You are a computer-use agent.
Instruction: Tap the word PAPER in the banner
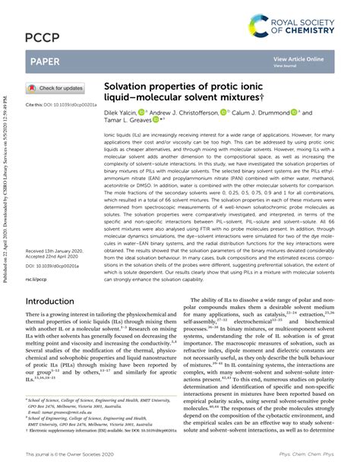pyautogui.click(x=46, y=60)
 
